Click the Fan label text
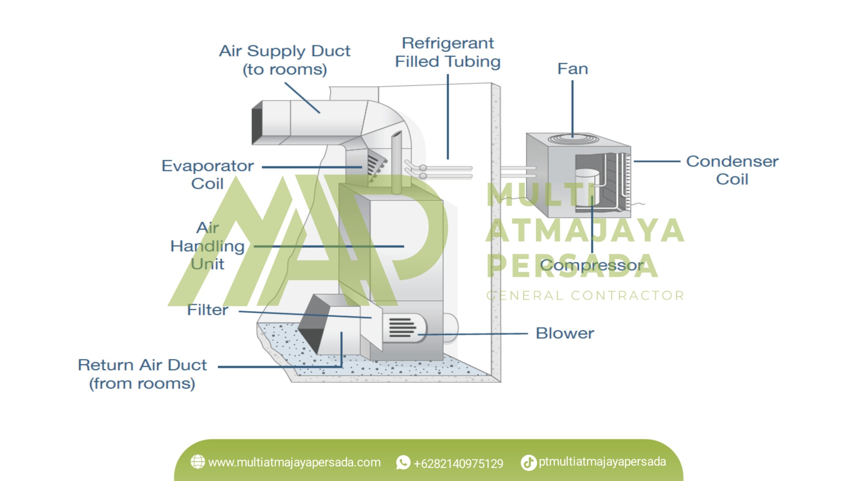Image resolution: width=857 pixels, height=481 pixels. tap(572, 69)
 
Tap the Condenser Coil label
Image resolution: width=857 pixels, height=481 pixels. tap(732, 170)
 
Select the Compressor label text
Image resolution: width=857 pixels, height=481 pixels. tap(592, 265)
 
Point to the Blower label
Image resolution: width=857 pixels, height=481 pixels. tap(565, 333)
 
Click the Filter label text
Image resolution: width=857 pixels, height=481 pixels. tap(208, 310)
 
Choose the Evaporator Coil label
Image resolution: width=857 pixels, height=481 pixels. tap(208, 174)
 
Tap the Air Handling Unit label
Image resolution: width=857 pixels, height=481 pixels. tap(208, 246)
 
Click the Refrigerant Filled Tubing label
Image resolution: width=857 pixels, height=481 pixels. tap(448, 53)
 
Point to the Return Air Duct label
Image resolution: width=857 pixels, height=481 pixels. tap(142, 374)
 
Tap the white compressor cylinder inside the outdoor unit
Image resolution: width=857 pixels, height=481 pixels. tap(587, 187)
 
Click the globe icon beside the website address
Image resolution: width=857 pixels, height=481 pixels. tap(198, 462)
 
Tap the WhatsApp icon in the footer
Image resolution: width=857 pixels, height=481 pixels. tap(403, 463)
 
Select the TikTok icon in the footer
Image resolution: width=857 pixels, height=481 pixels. tap(529, 463)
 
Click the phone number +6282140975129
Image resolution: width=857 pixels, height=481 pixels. tap(458, 464)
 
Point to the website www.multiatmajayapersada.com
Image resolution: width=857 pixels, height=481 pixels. tap(294, 463)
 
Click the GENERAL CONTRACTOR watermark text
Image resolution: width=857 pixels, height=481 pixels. tap(585, 296)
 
